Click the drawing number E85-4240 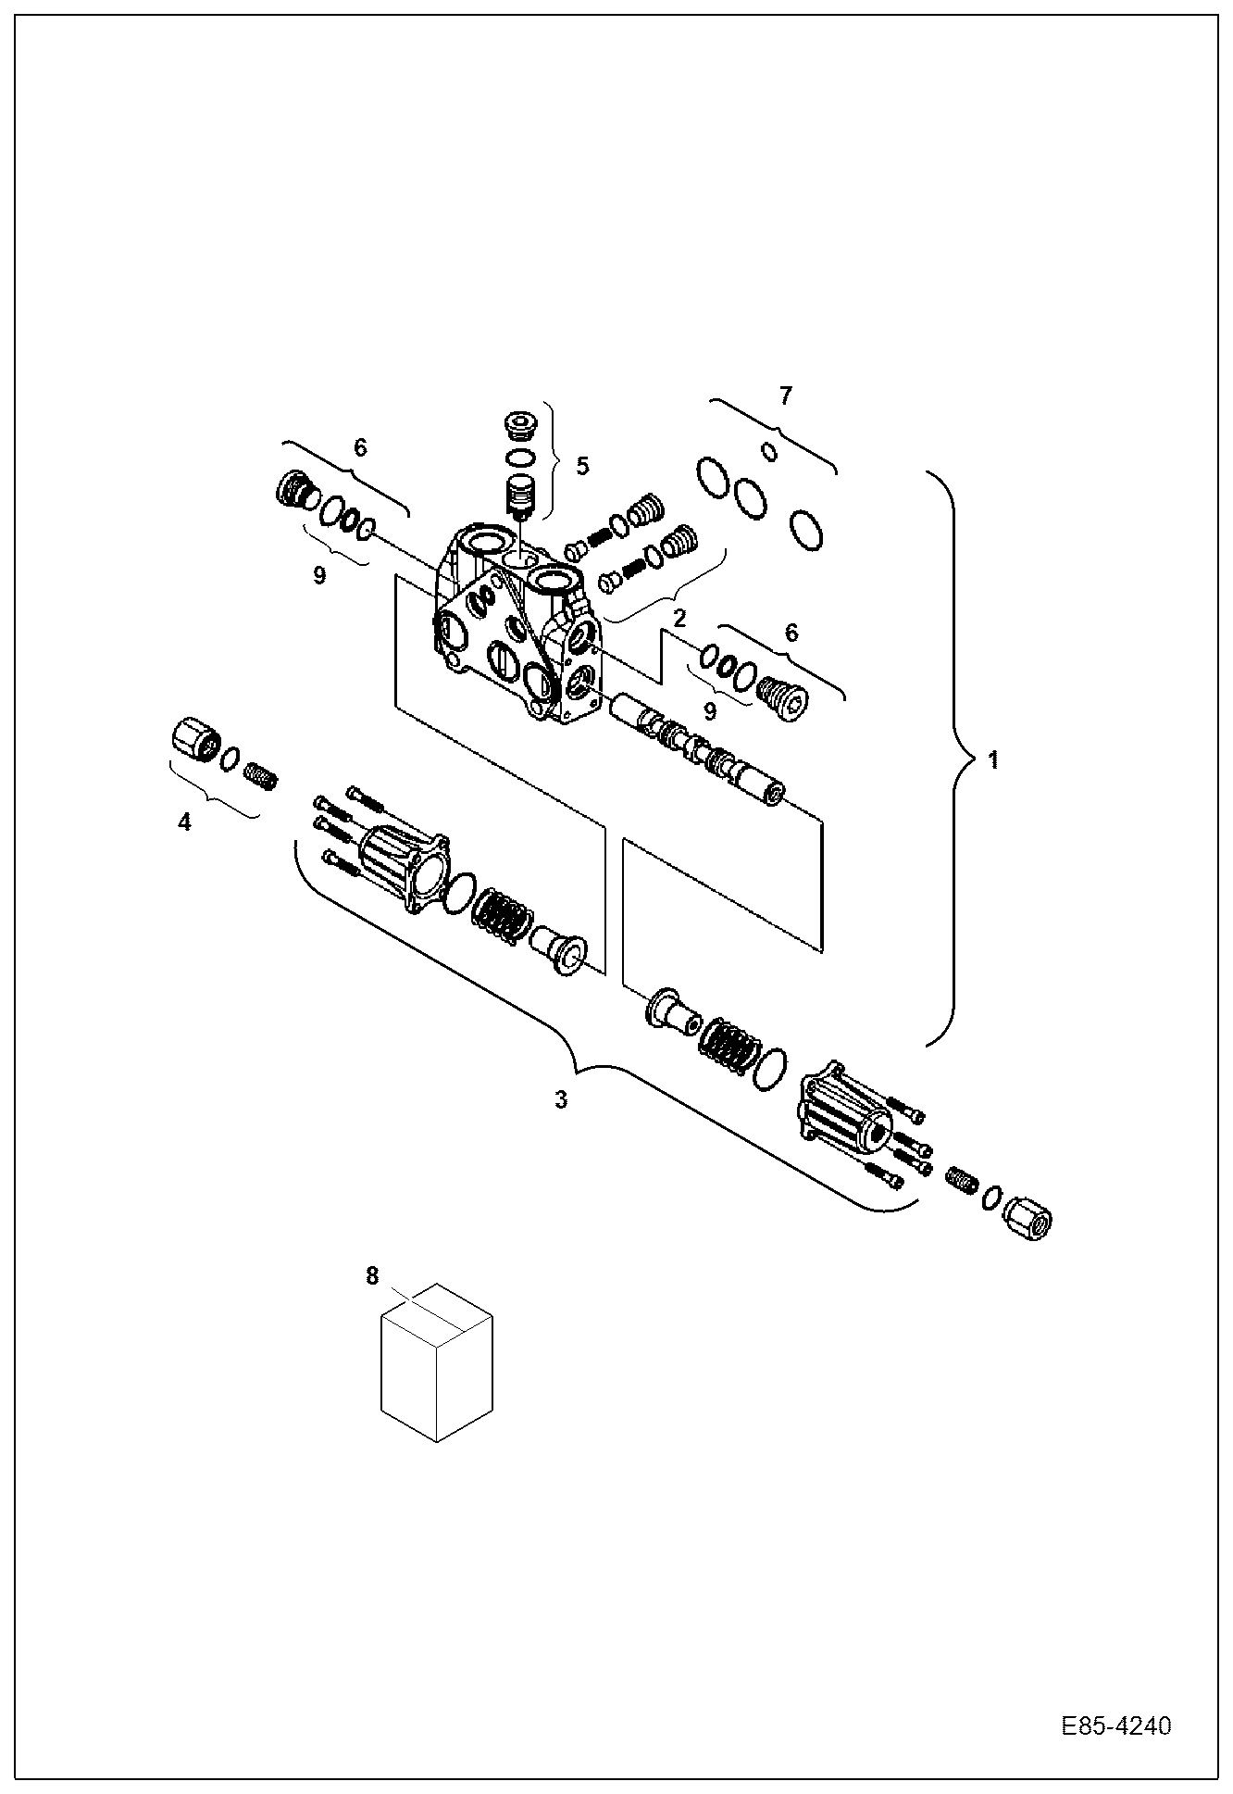(x=1115, y=1726)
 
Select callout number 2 (x=679, y=618)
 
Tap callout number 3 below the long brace (x=561, y=1099)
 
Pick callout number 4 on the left (x=184, y=822)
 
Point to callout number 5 (x=581, y=465)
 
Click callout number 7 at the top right (x=785, y=396)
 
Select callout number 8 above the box (x=372, y=1276)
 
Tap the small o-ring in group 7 (x=768, y=451)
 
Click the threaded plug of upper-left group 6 (x=296, y=490)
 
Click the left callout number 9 (x=319, y=575)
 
